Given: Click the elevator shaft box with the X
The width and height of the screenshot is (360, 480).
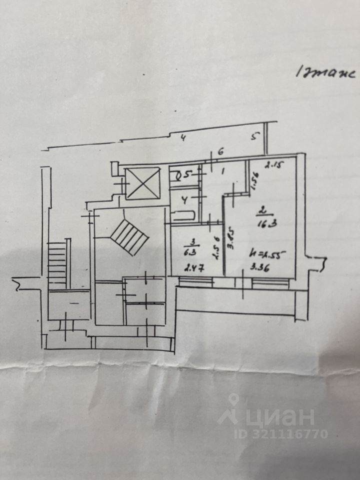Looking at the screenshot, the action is coord(142,183).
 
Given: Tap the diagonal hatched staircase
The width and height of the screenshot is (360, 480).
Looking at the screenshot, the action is coord(129,237).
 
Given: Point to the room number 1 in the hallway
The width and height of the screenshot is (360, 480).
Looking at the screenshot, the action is coord(223,171).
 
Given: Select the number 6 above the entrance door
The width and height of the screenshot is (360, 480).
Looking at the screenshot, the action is coord(220,151).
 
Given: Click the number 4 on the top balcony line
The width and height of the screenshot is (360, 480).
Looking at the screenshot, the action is coord(183,138).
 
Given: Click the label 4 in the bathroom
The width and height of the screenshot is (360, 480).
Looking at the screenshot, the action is coord(184,201).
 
